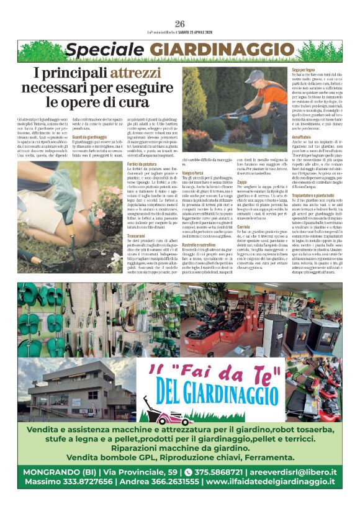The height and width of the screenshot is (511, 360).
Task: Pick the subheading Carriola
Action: (245, 227)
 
